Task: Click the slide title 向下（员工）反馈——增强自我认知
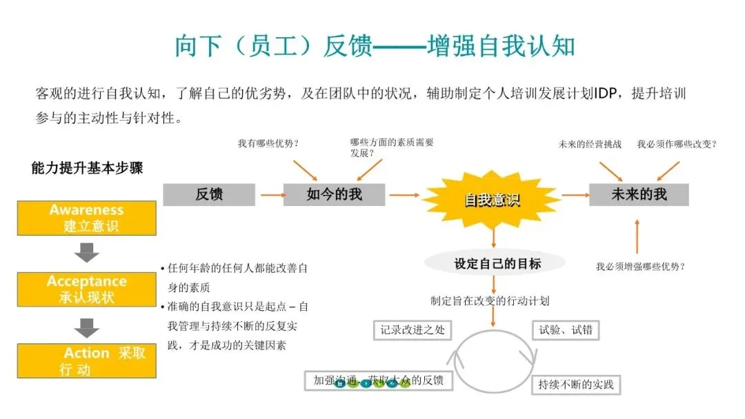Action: (x=375, y=46)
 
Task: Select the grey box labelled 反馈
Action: (x=209, y=194)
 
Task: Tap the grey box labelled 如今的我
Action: (x=334, y=194)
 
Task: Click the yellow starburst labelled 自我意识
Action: (x=492, y=200)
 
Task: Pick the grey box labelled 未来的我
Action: (x=639, y=194)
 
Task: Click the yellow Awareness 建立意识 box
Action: (x=87, y=218)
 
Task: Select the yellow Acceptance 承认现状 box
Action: (x=87, y=289)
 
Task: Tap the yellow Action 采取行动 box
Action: (x=87, y=361)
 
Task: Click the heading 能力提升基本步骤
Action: (x=87, y=167)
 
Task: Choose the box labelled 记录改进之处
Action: (x=413, y=330)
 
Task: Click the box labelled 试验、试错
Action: (x=565, y=330)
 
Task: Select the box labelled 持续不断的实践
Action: (x=576, y=384)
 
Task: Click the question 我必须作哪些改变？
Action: (x=677, y=144)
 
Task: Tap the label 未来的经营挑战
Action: (x=590, y=144)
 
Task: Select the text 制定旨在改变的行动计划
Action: (x=490, y=300)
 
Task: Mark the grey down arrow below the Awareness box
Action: (x=87, y=253)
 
